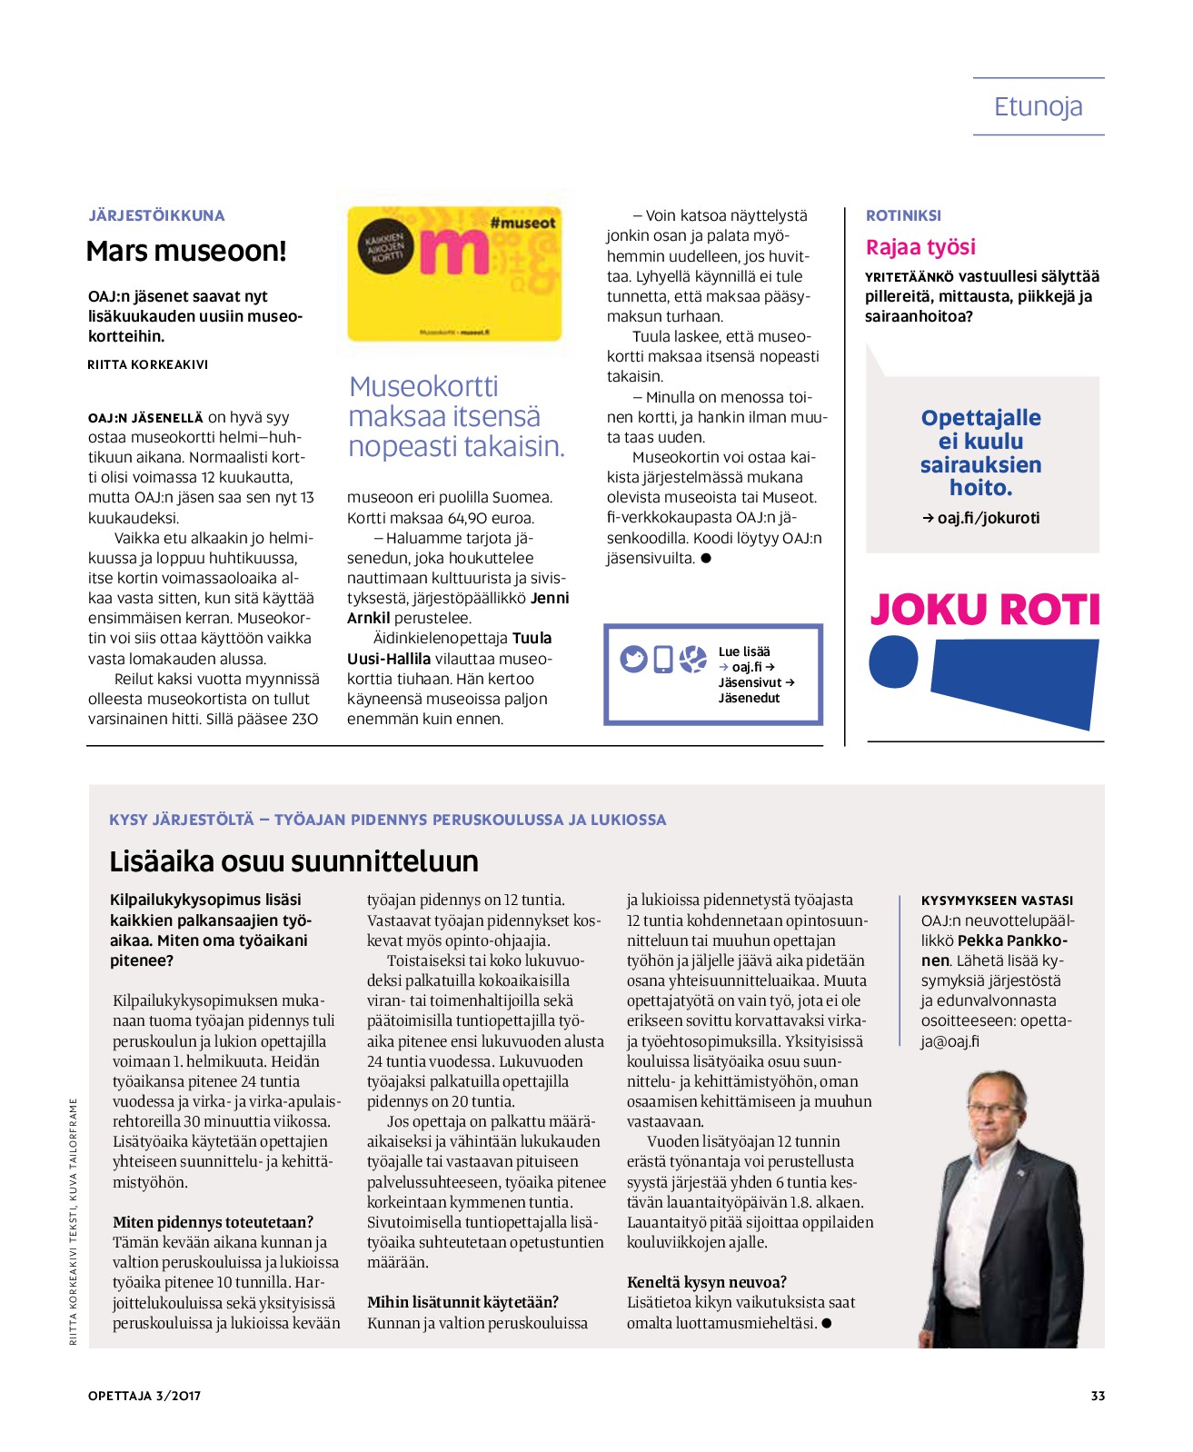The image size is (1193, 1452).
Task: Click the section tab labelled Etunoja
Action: click(x=1038, y=107)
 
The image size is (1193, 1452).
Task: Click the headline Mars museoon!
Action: click(x=186, y=252)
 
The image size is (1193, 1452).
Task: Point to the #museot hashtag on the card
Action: click(x=522, y=223)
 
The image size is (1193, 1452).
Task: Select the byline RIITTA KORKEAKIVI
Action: click(x=148, y=364)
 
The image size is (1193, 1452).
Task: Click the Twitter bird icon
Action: click(x=633, y=659)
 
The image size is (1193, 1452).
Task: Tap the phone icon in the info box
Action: click(x=663, y=660)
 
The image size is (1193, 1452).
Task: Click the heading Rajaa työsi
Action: click(x=920, y=247)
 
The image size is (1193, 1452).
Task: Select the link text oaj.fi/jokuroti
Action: click(x=988, y=518)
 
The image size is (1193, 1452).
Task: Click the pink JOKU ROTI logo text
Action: click(x=985, y=610)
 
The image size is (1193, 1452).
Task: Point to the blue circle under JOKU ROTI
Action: click(x=893, y=662)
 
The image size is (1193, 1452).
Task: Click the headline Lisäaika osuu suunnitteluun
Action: click(x=293, y=860)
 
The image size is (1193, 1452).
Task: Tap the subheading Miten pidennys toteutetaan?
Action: click(x=213, y=1222)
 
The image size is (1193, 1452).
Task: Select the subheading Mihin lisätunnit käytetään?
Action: click(x=462, y=1302)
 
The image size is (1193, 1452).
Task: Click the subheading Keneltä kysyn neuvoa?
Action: click(x=707, y=1282)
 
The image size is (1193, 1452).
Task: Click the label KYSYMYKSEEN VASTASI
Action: click(x=997, y=900)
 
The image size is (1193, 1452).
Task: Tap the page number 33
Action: click(x=1098, y=1396)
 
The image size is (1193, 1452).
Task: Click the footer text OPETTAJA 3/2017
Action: click(x=144, y=1396)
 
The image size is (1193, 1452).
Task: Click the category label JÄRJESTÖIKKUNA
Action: click(x=156, y=215)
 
